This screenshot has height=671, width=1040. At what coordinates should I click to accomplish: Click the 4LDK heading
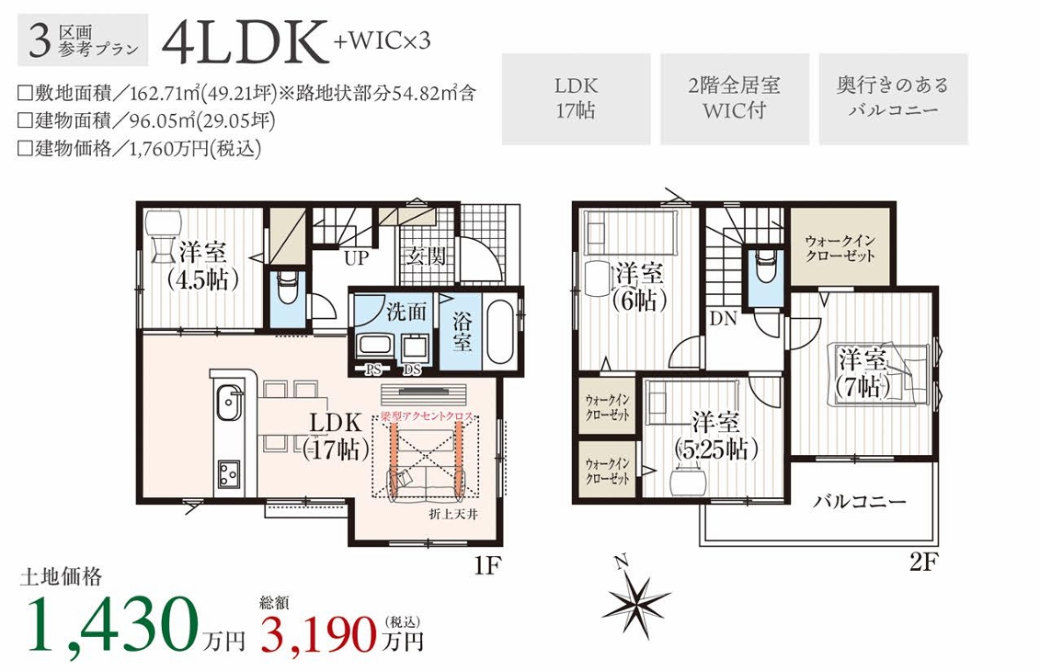tap(246, 44)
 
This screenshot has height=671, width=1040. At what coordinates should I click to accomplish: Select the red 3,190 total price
tap(318, 633)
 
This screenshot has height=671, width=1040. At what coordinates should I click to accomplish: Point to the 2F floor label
tap(923, 563)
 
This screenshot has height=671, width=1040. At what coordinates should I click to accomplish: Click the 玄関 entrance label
tap(427, 256)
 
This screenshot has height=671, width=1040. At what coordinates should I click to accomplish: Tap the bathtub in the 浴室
tap(501, 332)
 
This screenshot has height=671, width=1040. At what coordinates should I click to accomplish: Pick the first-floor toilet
tap(288, 286)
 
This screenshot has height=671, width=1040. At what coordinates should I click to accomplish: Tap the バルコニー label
tap(860, 501)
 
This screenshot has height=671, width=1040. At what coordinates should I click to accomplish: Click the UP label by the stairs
tap(356, 257)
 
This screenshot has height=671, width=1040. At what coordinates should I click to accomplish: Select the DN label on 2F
tap(723, 318)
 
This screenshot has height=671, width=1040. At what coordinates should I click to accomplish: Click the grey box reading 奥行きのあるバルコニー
tap(893, 98)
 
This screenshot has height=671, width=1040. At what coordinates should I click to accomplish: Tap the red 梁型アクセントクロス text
tap(427, 417)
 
